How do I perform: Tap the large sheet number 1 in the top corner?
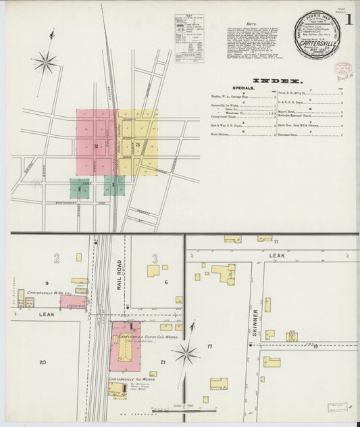(348, 20)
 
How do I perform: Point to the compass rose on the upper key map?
(45, 64)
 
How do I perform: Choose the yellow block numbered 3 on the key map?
(138, 143)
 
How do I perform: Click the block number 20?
(43, 363)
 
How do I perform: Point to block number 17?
(210, 347)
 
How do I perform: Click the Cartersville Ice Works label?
(132, 380)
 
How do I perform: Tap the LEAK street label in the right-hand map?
(277, 256)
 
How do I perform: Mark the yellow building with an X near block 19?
(292, 336)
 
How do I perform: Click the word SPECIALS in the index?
(243, 89)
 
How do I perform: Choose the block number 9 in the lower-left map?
(47, 282)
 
